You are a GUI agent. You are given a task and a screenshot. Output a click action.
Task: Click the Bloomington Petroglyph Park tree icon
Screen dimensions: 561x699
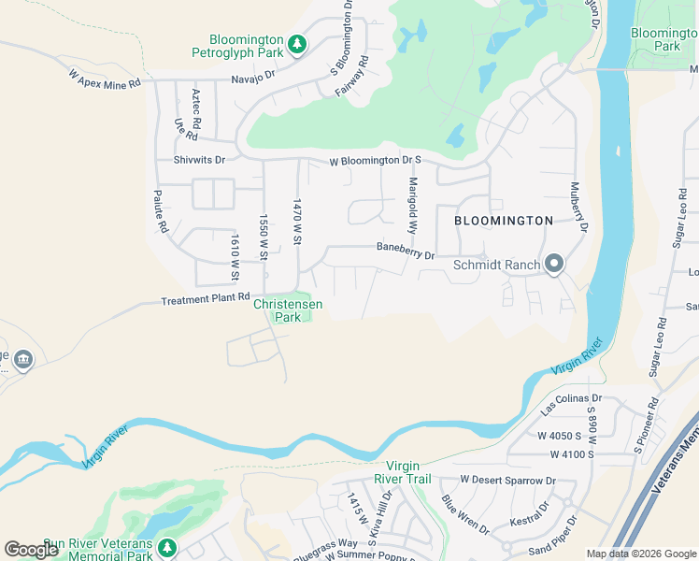(x=297, y=45)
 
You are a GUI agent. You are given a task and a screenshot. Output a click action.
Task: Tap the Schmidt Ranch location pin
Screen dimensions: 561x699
(x=554, y=265)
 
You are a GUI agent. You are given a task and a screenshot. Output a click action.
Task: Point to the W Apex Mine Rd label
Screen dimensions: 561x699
(x=104, y=79)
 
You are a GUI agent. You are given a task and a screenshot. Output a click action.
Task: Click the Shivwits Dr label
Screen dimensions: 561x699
(x=199, y=160)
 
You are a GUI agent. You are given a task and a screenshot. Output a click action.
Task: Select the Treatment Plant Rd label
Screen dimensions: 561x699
(x=205, y=301)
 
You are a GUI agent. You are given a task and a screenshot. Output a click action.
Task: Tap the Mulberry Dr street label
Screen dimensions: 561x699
(x=578, y=207)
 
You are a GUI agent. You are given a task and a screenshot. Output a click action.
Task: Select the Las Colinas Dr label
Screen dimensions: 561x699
(x=571, y=404)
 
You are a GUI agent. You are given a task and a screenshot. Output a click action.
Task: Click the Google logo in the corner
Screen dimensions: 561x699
(x=30, y=550)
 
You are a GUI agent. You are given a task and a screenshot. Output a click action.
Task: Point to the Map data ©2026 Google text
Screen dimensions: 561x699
(x=640, y=554)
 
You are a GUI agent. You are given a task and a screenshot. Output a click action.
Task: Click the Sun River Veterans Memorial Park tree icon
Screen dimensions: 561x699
(x=167, y=546)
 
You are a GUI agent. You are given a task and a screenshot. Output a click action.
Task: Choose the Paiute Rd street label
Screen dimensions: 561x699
(x=161, y=212)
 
